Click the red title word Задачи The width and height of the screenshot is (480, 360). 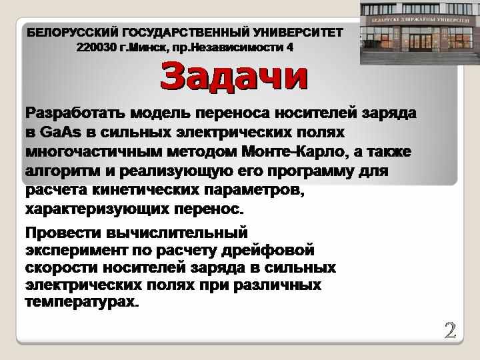(x=234, y=76)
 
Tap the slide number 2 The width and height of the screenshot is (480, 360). (x=450, y=331)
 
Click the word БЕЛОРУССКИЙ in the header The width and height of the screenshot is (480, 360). (x=73, y=32)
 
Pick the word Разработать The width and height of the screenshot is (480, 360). (x=75, y=113)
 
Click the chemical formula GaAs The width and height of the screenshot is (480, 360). (x=61, y=132)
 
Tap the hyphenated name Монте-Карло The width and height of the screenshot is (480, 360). (x=295, y=152)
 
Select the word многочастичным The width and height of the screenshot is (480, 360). (x=94, y=152)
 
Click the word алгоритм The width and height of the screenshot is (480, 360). (x=63, y=171)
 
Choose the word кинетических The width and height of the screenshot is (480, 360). (x=146, y=190)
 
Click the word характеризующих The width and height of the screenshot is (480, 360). (x=97, y=209)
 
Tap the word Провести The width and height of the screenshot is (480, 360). (x=63, y=233)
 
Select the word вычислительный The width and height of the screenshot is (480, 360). (x=177, y=233)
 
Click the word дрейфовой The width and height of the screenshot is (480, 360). (x=267, y=250)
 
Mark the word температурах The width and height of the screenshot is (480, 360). (x=82, y=302)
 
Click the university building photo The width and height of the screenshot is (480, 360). (x=420, y=32)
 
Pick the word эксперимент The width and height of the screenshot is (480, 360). (x=77, y=251)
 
